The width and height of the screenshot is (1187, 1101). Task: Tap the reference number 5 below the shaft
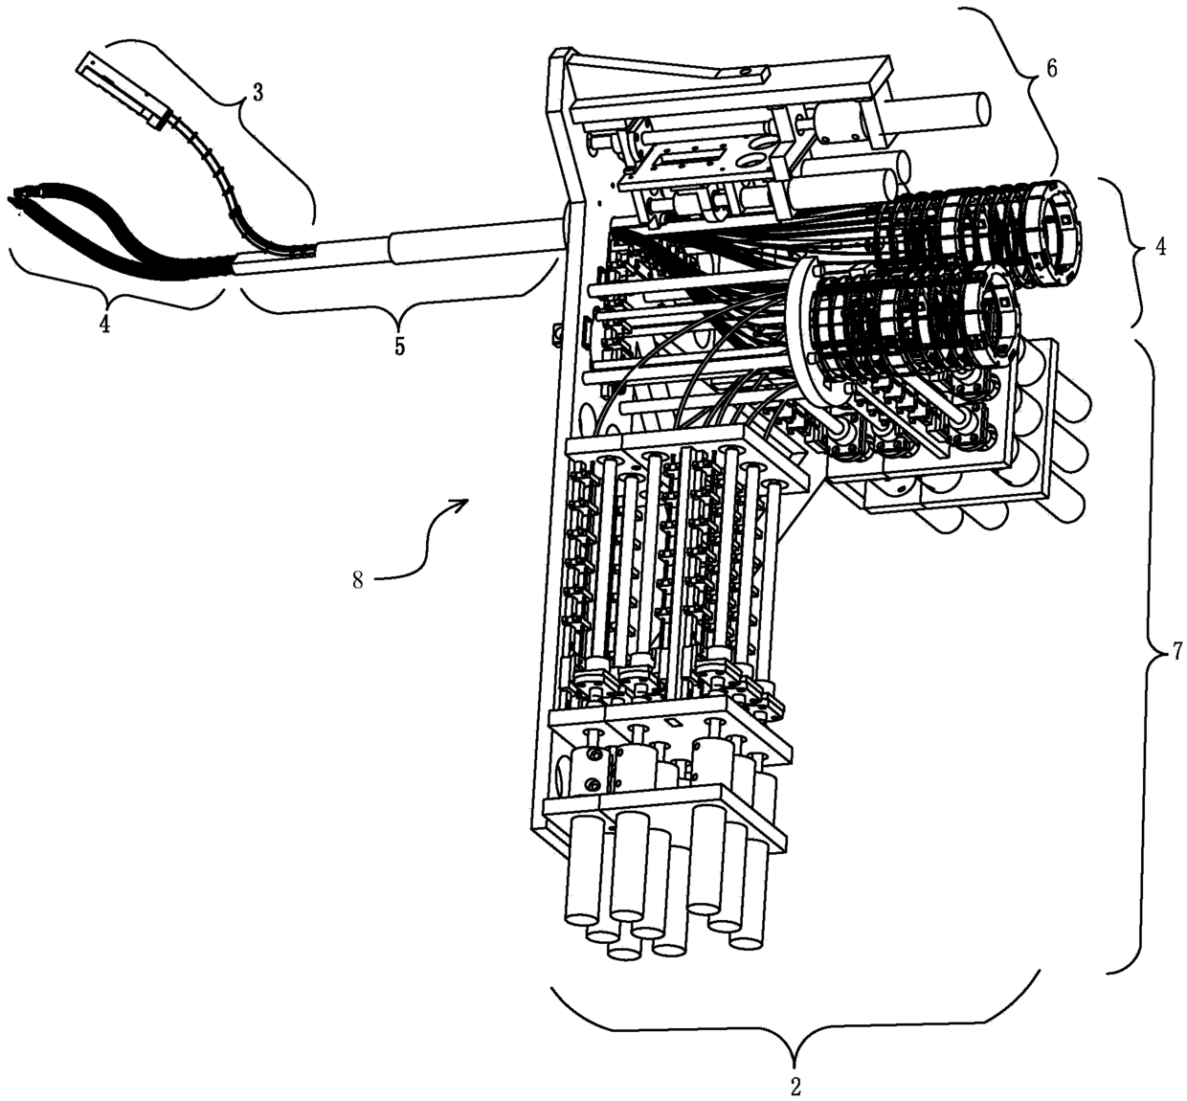[398, 345]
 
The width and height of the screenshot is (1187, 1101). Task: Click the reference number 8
[357, 580]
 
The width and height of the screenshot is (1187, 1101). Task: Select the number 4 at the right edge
[1160, 246]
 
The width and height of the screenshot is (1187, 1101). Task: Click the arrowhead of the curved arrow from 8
[464, 503]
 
